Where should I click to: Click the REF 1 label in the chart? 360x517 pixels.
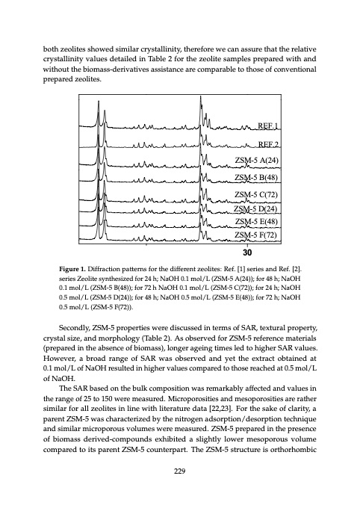pos(267,126)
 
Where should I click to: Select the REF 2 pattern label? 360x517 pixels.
pos(267,144)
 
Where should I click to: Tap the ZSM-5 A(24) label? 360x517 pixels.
pos(257,161)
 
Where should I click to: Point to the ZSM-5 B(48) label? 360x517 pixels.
pos(257,178)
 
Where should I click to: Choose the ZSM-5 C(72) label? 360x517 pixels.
pos(257,195)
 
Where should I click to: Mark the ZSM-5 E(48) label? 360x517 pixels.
pos(257,222)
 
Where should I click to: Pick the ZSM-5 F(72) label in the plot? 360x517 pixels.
pos(257,236)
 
